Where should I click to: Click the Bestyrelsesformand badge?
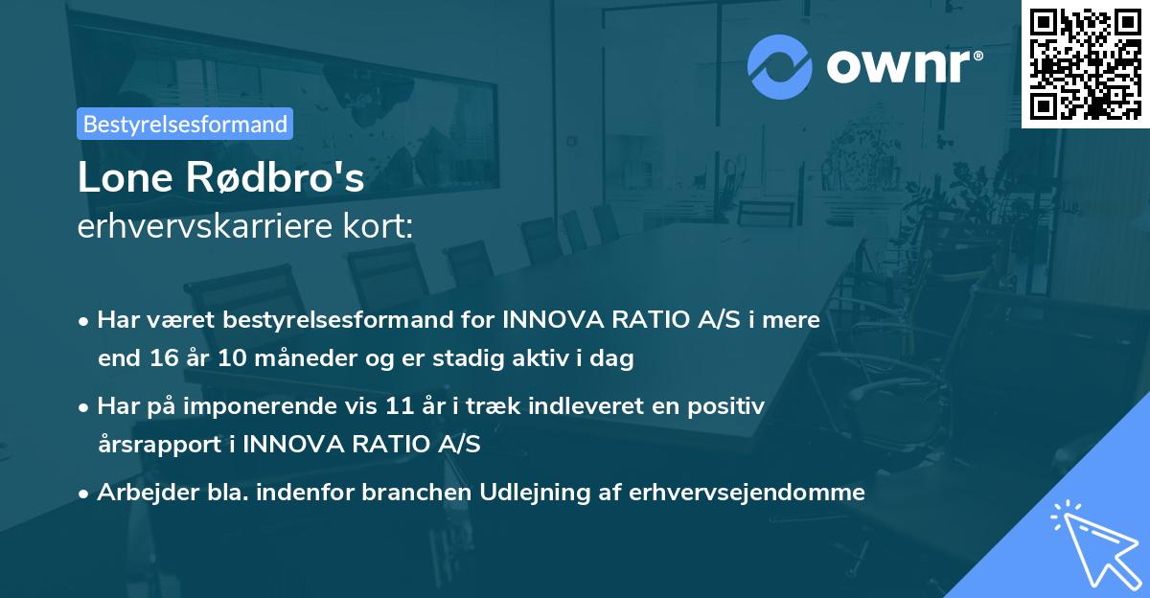click(185, 124)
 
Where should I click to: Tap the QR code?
click(1084, 63)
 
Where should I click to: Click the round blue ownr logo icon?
click(780, 67)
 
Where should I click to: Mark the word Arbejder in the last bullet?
click(140, 493)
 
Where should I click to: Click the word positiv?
click(731, 406)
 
